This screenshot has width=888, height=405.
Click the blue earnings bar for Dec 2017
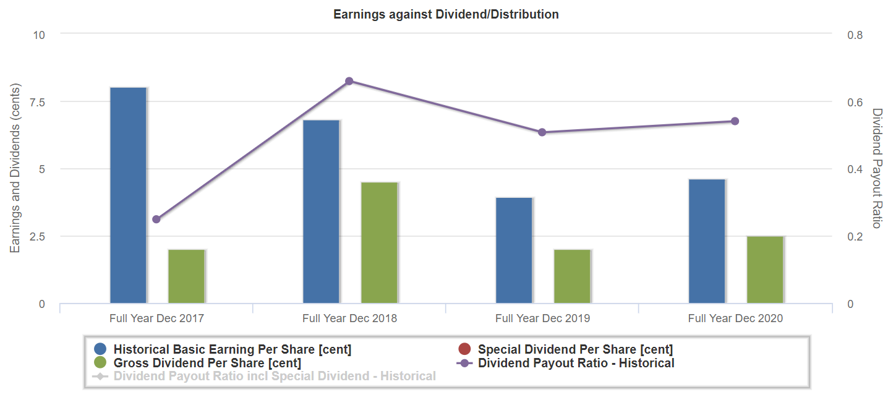pos(128,195)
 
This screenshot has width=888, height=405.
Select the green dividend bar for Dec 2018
pos(380,243)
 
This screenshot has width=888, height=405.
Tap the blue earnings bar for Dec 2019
pos(514,250)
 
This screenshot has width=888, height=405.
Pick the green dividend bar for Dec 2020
pos(765,270)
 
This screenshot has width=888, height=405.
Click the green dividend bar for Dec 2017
pos(187,276)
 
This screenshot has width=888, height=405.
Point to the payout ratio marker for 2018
pos(349,81)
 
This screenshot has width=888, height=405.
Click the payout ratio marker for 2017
pos(156,220)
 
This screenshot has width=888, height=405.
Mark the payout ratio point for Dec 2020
pos(735,121)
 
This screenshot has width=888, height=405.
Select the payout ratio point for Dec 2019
pos(542,132)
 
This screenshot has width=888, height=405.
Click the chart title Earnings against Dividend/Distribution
pos(446,14)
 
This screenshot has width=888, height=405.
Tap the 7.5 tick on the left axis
pos(37,102)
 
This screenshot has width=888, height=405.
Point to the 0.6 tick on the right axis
pos(855,102)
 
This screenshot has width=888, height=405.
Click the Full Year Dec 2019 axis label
pos(542,319)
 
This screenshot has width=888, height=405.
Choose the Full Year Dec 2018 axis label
pos(349,319)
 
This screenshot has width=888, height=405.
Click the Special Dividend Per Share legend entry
pos(575,349)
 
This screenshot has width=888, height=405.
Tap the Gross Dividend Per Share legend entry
pos(207,363)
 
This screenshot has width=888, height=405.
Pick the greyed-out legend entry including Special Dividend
pos(275,377)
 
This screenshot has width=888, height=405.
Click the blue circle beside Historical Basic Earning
pos(101,349)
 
